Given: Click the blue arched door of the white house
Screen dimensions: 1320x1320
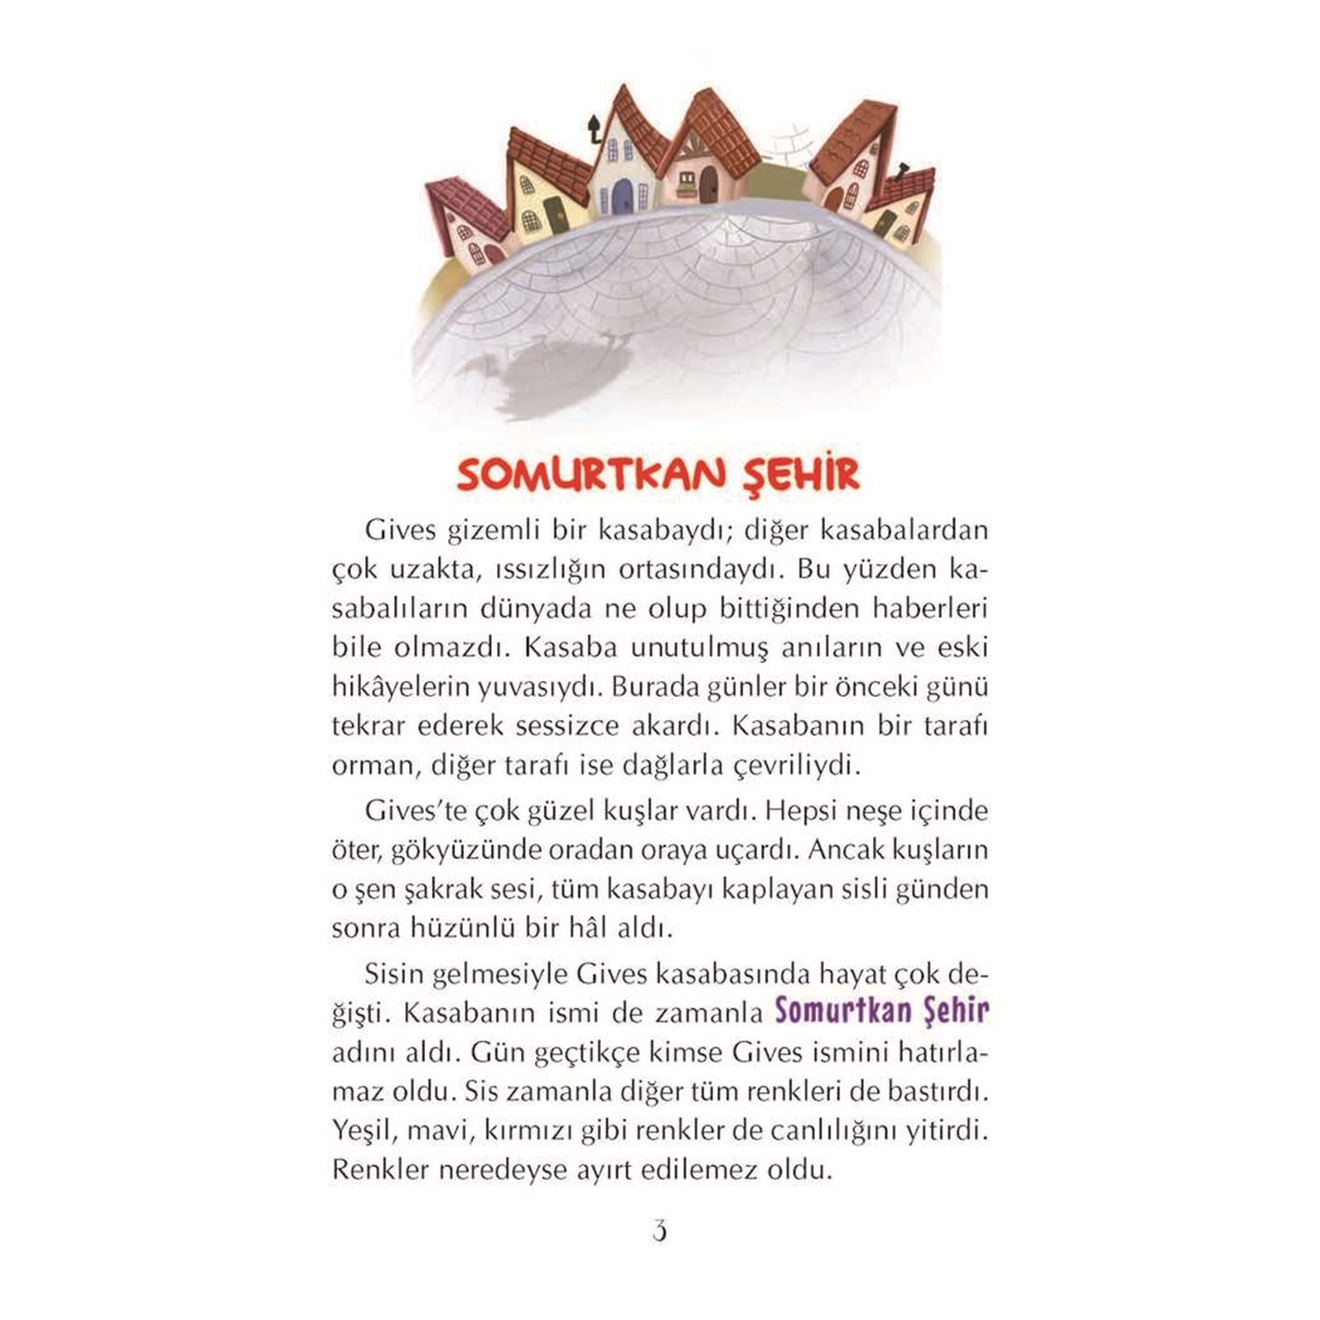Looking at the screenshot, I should tap(623, 195).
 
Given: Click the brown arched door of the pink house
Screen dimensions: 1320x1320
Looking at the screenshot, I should tap(708, 184).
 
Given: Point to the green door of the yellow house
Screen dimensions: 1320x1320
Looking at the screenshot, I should tap(555, 214).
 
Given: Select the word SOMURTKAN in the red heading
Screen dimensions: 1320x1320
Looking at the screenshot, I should tap(590, 475).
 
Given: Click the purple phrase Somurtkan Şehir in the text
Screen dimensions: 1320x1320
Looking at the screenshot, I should tap(881, 1011).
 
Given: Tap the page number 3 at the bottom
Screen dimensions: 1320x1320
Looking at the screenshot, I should tap(659, 1230).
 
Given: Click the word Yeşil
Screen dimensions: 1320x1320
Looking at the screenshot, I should tap(362, 1131).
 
